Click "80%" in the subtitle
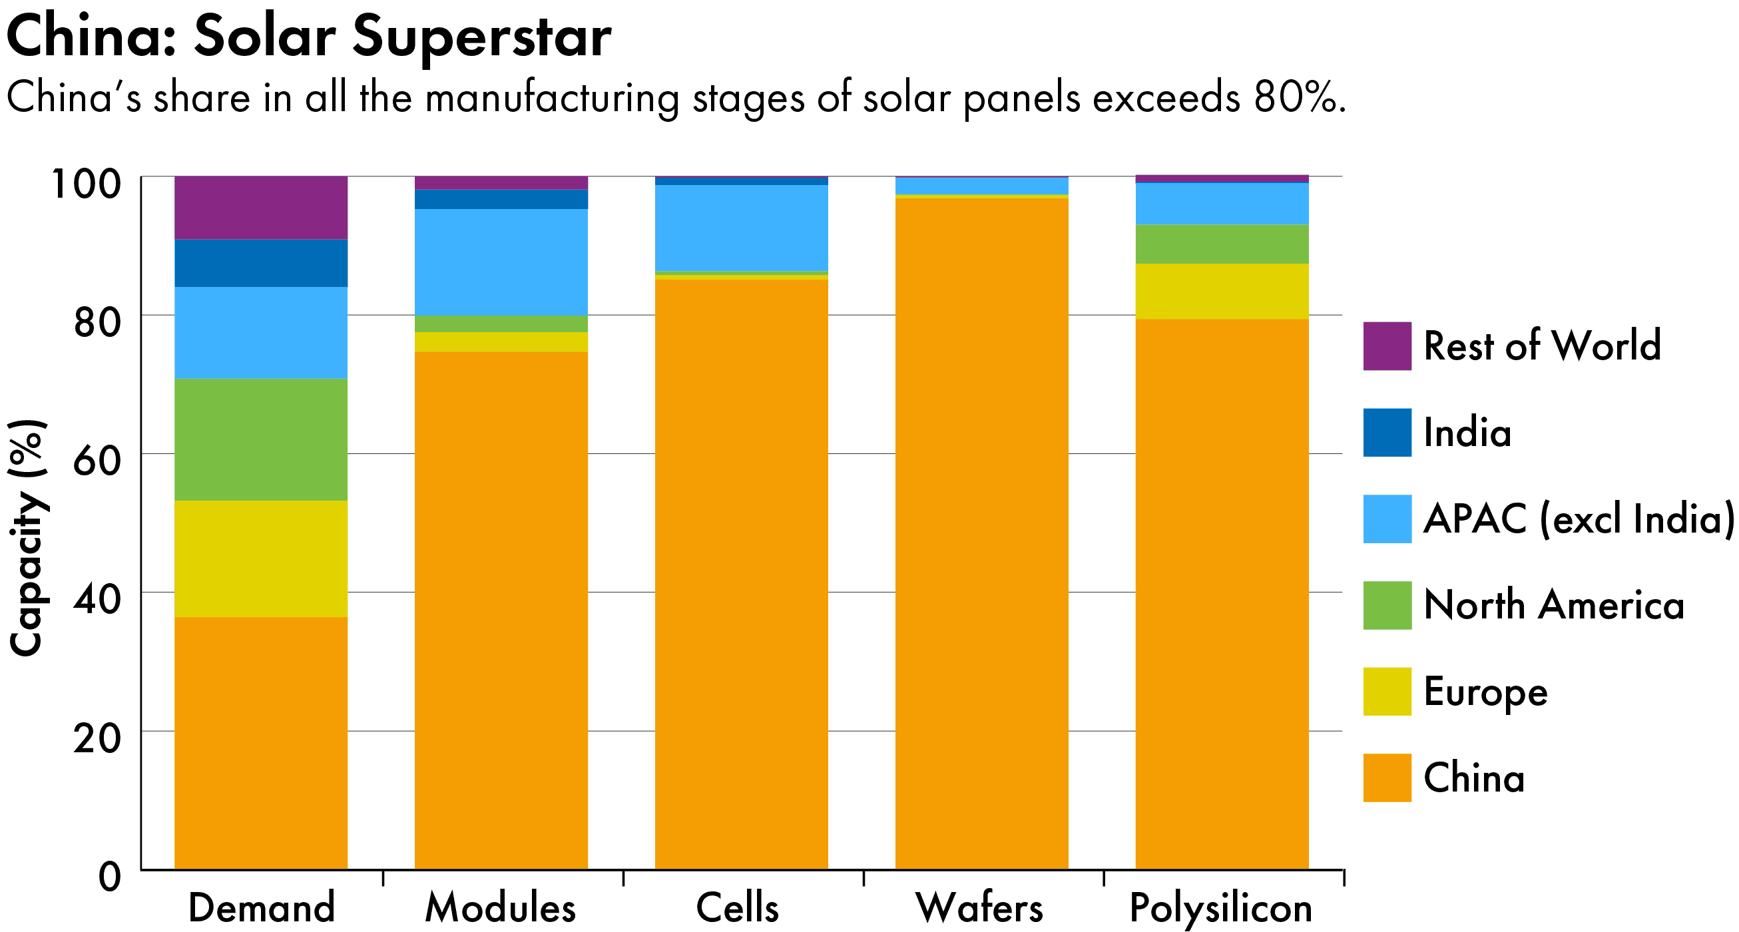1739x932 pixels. point(1296,98)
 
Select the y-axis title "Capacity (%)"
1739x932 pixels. point(27,537)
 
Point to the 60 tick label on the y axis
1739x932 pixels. point(97,461)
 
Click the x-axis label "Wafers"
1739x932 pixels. point(979,908)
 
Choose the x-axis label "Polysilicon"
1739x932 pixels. point(1220,908)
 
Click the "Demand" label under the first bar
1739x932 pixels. point(261,908)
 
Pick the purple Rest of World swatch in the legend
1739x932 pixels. point(1387,346)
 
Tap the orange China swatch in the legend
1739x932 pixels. point(1387,778)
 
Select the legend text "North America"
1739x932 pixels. point(1553,604)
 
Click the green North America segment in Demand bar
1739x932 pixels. point(261,439)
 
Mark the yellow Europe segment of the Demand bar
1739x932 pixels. point(261,559)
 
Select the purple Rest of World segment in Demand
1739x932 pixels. point(261,208)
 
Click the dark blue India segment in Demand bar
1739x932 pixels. point(261,263)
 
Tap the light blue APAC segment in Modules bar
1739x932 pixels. point(501,262)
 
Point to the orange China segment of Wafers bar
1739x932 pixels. point(981,533)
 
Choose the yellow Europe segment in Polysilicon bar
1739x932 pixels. point(1222,291)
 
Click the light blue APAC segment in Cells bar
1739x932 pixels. point(741,228)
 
